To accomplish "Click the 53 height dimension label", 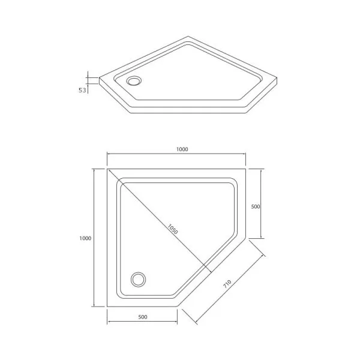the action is click(x=82, y=90).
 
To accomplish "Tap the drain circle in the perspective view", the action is click(x=134, y=81).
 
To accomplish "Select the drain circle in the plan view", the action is click(x=138, y=280).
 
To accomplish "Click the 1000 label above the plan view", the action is click(x=182, y=149).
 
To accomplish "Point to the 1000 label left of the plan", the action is click(x=85, y=238).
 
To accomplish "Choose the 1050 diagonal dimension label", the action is click(x=172, y=229).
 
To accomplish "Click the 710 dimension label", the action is click(x=227, y=284).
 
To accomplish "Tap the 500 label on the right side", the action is click(x=256, y=206).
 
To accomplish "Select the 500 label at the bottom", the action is click(x=143, y=317).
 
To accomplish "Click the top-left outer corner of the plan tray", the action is click(x=107, y=169).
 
